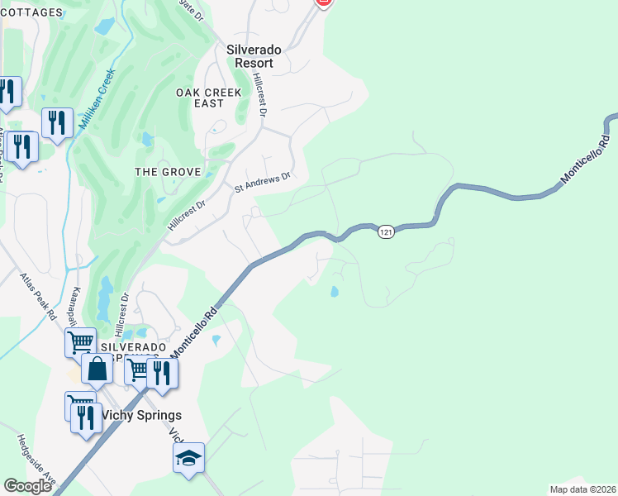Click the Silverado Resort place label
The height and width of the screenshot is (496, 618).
tap(254, 55)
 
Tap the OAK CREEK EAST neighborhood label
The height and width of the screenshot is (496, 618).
tap(209, 98)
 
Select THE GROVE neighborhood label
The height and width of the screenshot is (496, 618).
tap(168, 171)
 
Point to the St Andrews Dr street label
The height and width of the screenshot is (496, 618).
tap(264, 182)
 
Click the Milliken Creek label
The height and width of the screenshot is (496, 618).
tap(97, 102)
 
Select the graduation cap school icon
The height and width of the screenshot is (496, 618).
tap(188, 457)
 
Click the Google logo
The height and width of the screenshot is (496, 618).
tap(27, 486)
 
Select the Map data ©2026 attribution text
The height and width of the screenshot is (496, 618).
tap(582, 489)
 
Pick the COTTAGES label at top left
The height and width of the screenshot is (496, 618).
tap(31, 12)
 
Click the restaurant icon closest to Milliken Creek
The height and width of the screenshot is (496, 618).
tap(57, 122)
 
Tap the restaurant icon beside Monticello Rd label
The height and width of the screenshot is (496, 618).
tap(162, 373)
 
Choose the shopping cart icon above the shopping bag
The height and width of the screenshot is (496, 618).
tap(80, 341)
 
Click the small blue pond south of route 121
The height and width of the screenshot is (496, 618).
tap(334, 292)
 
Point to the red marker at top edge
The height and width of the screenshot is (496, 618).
tap(324, 2)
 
